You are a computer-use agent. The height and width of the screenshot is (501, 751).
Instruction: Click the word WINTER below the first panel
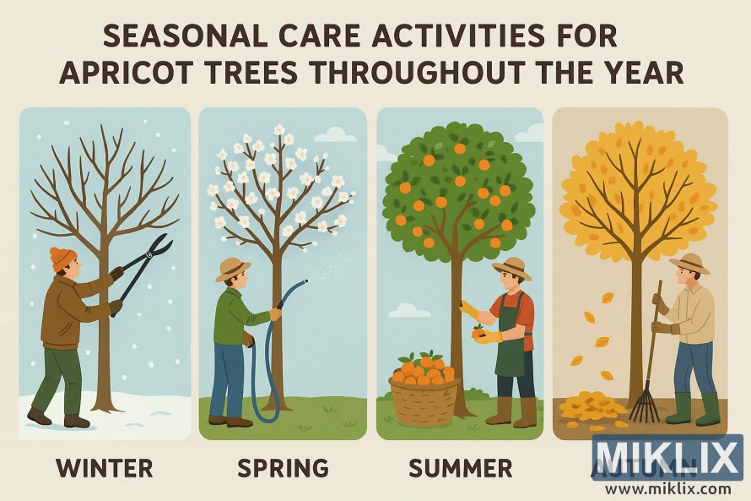pyautogui.click(x=105, y=467)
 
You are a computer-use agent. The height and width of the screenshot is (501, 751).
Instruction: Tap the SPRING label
pyautogui.click(x=283, y=467)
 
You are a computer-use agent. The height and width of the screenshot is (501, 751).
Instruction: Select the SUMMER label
pyautogui.click(x=460, y=467)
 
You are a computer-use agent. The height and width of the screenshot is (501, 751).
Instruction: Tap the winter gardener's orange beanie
pyautogui.click(x=62, y=257)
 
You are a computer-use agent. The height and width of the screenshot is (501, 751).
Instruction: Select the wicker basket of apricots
pyautogui.click(x=424, y=397)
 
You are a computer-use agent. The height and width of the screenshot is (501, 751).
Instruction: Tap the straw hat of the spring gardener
pyautogui.click(x=233, y=269)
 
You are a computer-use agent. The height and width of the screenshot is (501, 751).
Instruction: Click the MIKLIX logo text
pyautogui.click(x=667, y=458)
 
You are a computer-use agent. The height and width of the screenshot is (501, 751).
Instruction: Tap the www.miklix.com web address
pyautogui.click(x=667, y=488)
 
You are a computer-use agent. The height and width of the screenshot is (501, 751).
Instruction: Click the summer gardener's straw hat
pyautogui.click(x=511, y=268)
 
